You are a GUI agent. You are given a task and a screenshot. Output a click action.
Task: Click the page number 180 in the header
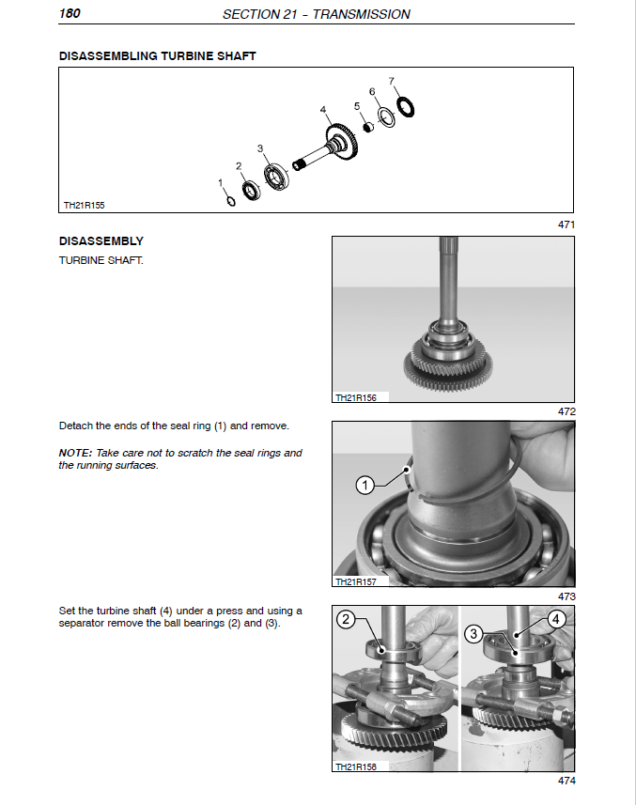[x=71, y=14]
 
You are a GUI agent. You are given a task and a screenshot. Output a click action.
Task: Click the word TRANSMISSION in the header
[x=364, y=14]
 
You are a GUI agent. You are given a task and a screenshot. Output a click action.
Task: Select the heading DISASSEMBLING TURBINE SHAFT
[x=157, y=56]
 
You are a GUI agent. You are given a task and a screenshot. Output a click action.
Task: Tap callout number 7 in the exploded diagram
[x=392, y=81]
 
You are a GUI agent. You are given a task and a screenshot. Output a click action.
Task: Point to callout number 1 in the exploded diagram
[x=221, y=182]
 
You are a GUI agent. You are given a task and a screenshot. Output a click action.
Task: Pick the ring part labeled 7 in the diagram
[x=406, y=107]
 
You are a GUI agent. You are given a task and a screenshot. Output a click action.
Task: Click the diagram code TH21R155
[x=84, y=204]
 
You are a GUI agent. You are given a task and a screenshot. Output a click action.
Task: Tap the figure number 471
[x=566, y=224]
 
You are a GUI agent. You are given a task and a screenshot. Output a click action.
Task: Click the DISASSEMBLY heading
[x=101, y=241]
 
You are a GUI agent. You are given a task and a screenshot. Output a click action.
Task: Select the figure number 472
[x=566, y=411]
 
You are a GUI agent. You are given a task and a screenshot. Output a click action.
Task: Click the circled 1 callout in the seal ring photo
[x=365, y=485]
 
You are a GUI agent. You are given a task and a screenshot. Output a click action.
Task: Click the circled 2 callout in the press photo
[x=347, y=619]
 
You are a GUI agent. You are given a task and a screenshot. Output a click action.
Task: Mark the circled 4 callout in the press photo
[x=555, y=619]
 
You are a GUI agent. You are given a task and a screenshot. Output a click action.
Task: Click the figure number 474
[x=566, y=781]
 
